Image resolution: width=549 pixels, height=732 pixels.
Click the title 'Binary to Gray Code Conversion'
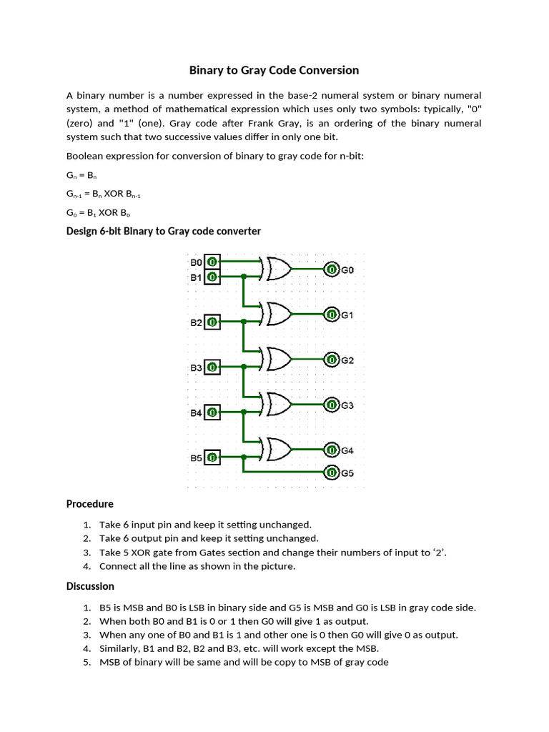pos(274,70)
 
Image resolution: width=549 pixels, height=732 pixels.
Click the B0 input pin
pos(212,262)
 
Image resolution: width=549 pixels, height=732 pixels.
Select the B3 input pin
pos(212,367)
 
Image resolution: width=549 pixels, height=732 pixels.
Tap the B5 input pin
pos(212,457)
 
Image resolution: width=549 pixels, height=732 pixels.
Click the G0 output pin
pos(332,269)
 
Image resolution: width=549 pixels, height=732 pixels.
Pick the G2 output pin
pos(332,360)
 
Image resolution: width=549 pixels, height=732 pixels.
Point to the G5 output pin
pos(332,473)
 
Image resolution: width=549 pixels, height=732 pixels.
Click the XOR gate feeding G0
pos(277,269)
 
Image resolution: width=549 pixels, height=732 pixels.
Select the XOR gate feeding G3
pos(277,405)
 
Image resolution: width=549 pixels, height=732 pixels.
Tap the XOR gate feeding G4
pos(277,450)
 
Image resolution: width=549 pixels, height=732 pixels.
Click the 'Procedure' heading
pos(89,504)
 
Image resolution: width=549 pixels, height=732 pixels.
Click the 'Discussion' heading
pos(90,586)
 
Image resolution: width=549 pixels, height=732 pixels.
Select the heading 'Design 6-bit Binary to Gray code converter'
pos(163,231)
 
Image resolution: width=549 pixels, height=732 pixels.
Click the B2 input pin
pos(212,322)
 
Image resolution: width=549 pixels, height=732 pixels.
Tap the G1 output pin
pos(332,315)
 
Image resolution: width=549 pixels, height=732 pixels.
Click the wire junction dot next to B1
pos(244,277)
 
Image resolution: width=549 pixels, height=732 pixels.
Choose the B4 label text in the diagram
pos(196,413)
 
